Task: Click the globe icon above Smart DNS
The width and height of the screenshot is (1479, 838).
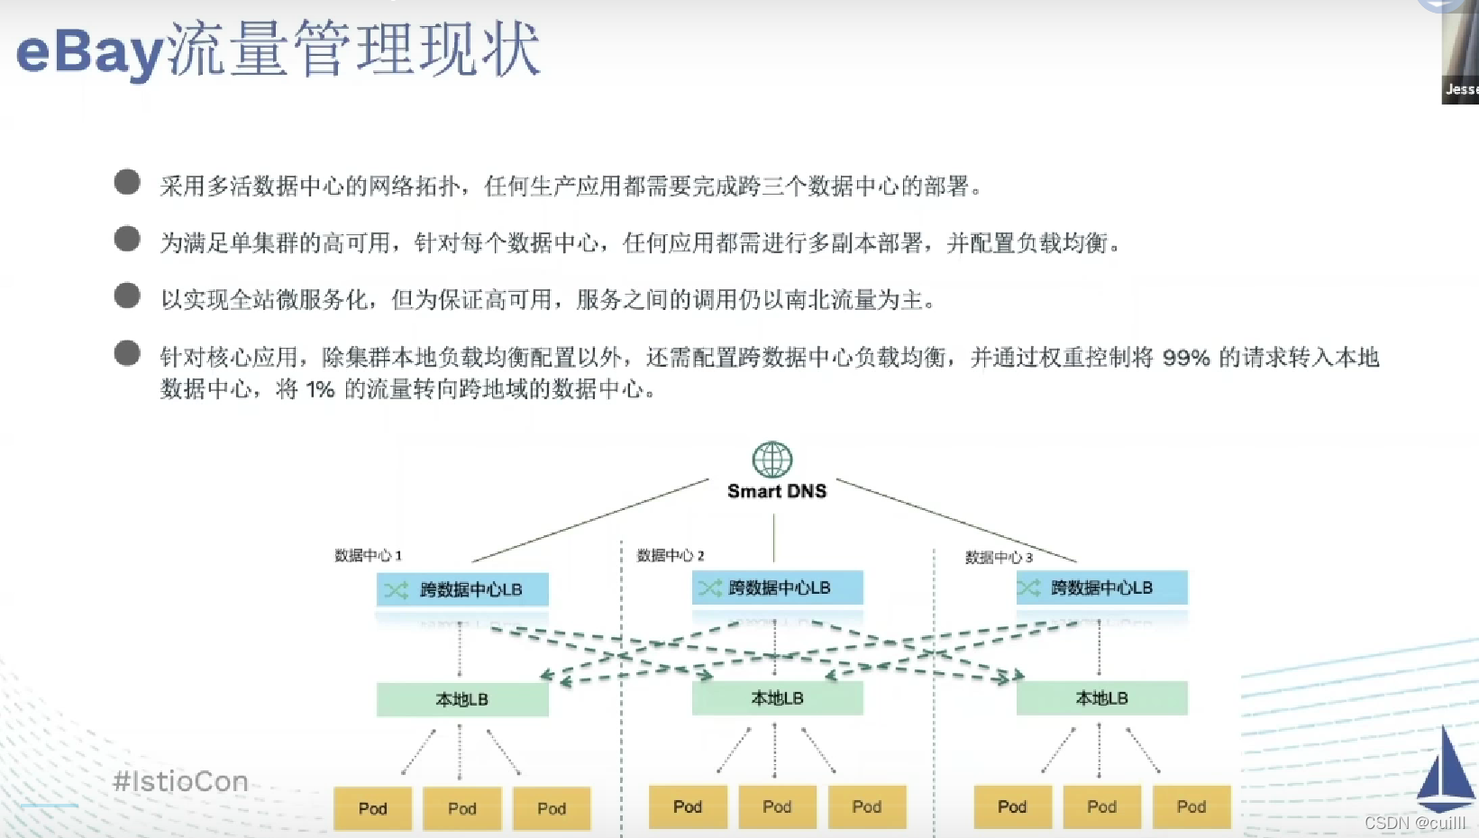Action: click(772, 460)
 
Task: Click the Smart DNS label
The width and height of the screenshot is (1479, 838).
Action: click(777, 491)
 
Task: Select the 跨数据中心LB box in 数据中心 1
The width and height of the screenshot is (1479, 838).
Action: click(462, 589)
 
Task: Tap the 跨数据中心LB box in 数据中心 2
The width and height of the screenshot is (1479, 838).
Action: click(778, 588)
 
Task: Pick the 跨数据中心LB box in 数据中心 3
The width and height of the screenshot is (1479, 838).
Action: click(1101, 588)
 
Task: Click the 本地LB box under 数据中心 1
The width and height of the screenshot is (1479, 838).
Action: click(462, 699)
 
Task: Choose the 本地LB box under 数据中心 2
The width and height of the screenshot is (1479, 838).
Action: click(778, 698)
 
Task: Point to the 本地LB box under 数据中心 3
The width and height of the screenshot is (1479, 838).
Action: click(1101, 698)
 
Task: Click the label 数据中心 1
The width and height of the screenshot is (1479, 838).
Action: click(368, 555)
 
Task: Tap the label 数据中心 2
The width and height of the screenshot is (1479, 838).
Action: click(670, 555)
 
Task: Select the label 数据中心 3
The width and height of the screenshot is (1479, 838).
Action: click(999, 558)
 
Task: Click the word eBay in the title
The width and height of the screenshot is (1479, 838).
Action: click(90, 52)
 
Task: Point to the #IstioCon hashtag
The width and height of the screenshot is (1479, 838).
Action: click(180, 781)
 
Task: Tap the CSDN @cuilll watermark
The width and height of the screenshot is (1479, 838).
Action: click(1414, 823)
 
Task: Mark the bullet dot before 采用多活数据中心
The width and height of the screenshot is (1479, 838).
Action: click(127, 182)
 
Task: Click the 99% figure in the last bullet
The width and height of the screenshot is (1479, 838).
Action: click(1186, 358)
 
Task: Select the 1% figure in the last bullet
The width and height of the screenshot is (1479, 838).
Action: click(320, 389)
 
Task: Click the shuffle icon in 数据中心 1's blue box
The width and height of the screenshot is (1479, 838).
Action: click(397, 590)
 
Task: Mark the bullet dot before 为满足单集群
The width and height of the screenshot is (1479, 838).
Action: click(127, 239)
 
